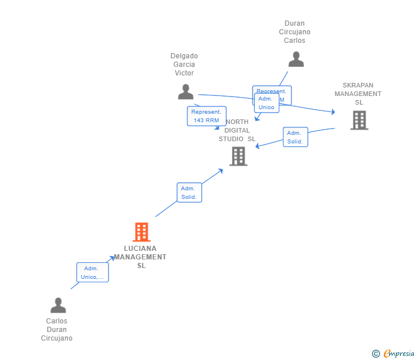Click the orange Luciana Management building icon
tap(141, 232)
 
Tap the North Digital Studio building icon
tap(238, 156)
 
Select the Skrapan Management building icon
tap(359, 120)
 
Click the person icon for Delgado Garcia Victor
tap(186, 92)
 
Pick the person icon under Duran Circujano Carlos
tap(296, 59)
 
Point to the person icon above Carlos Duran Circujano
tap(58, 306)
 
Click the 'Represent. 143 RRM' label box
tap(206, 116)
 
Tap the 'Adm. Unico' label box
tap(266, 103)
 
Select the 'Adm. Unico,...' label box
tap(93, 273)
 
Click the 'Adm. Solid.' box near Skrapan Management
tap(295, 137)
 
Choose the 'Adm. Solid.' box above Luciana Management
tap(189, 193)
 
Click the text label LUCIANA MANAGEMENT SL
tap(141, 257)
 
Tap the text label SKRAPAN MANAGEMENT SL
tap(358, 94)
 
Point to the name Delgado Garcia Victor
tap(184, 65)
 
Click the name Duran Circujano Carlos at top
tap(295, 32)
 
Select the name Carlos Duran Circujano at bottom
tap(57, 330)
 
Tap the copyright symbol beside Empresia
tap(376, 354)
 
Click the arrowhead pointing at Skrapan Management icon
tap(333, 113)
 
